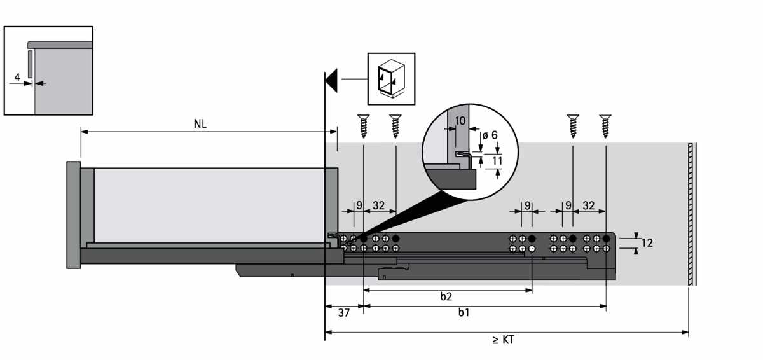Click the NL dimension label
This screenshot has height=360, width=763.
(x=200, y=124)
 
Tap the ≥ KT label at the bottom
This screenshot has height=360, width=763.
(x=503, y=340)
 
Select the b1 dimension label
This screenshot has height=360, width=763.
(x=464, y=312)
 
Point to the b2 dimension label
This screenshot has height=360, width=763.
(x=446, y=296)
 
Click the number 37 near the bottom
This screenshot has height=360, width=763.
(x=344, y=313)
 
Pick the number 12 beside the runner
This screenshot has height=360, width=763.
(x=647, y=243)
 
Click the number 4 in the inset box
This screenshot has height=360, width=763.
(x=17, y=78)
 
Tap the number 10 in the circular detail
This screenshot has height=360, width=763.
(x=460, y=121)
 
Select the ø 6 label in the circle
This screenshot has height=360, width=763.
(x=490, y=135)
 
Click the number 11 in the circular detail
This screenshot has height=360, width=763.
(x=497, y=161)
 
